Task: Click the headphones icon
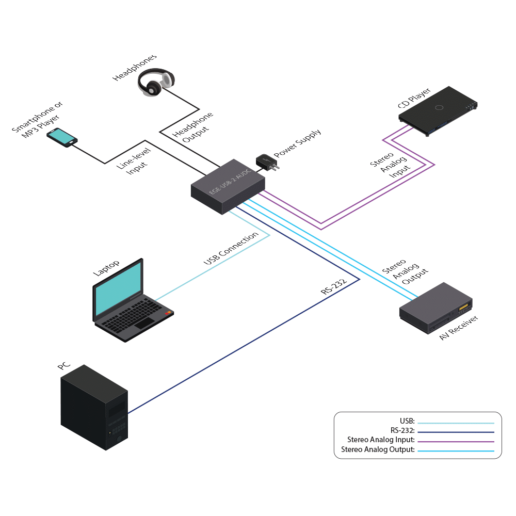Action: (x=155, y=83)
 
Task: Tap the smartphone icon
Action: (x=62, y=137)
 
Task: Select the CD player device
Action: (x=439, y=111)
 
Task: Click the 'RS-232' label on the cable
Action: (x=333, y=286)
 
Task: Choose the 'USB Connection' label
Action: (x=231, y=249)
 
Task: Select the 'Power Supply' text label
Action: (x=297, y=144)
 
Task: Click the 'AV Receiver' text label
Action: (x=459, y=328)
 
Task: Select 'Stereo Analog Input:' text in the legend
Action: (x=381, y=440)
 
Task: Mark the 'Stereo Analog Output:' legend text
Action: (x=378, y=450)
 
